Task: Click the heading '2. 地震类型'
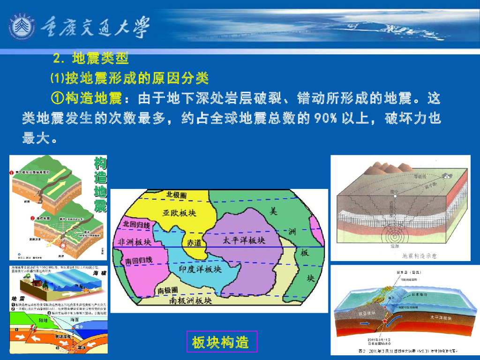pos(91,59)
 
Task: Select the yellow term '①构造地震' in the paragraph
pos(87,98)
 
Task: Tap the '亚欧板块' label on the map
pos(179,213)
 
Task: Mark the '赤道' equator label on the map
pos(196,243)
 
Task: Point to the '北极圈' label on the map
pos(176,195)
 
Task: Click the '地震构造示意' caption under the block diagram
pos(419,256)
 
